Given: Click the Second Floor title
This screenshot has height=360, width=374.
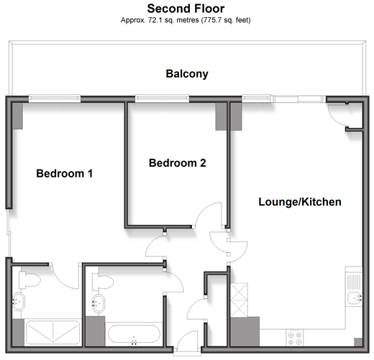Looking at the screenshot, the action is point(186,9).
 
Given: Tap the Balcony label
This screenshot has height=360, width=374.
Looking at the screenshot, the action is point(187,74).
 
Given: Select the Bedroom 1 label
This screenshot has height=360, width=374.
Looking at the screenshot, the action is point(65,173).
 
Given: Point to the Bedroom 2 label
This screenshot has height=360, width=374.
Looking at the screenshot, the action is point(178,163).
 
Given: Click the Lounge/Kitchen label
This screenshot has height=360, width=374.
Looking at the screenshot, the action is point(300,202).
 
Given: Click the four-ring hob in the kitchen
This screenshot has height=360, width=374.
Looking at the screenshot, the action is point(295,338).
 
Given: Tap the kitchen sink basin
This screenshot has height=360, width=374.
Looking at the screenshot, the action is point(355,298).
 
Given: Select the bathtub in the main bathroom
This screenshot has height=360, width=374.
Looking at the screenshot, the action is point(134,334).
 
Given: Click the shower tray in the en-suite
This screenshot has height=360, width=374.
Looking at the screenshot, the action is point(53,333).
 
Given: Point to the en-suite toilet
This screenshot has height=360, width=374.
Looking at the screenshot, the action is point(29,280).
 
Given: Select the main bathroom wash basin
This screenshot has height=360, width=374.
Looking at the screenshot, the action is point(99,303).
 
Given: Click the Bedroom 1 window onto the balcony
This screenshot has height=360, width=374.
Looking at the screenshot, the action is point(55,98).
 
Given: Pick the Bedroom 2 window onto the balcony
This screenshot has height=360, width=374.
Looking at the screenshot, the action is point(162,98).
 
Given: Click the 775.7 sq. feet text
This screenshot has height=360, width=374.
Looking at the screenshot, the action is point(226,20).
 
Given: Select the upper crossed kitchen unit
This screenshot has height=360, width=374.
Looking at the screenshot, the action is point(239,291).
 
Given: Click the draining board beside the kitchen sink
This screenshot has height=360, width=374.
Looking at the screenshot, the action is point(354,281).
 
